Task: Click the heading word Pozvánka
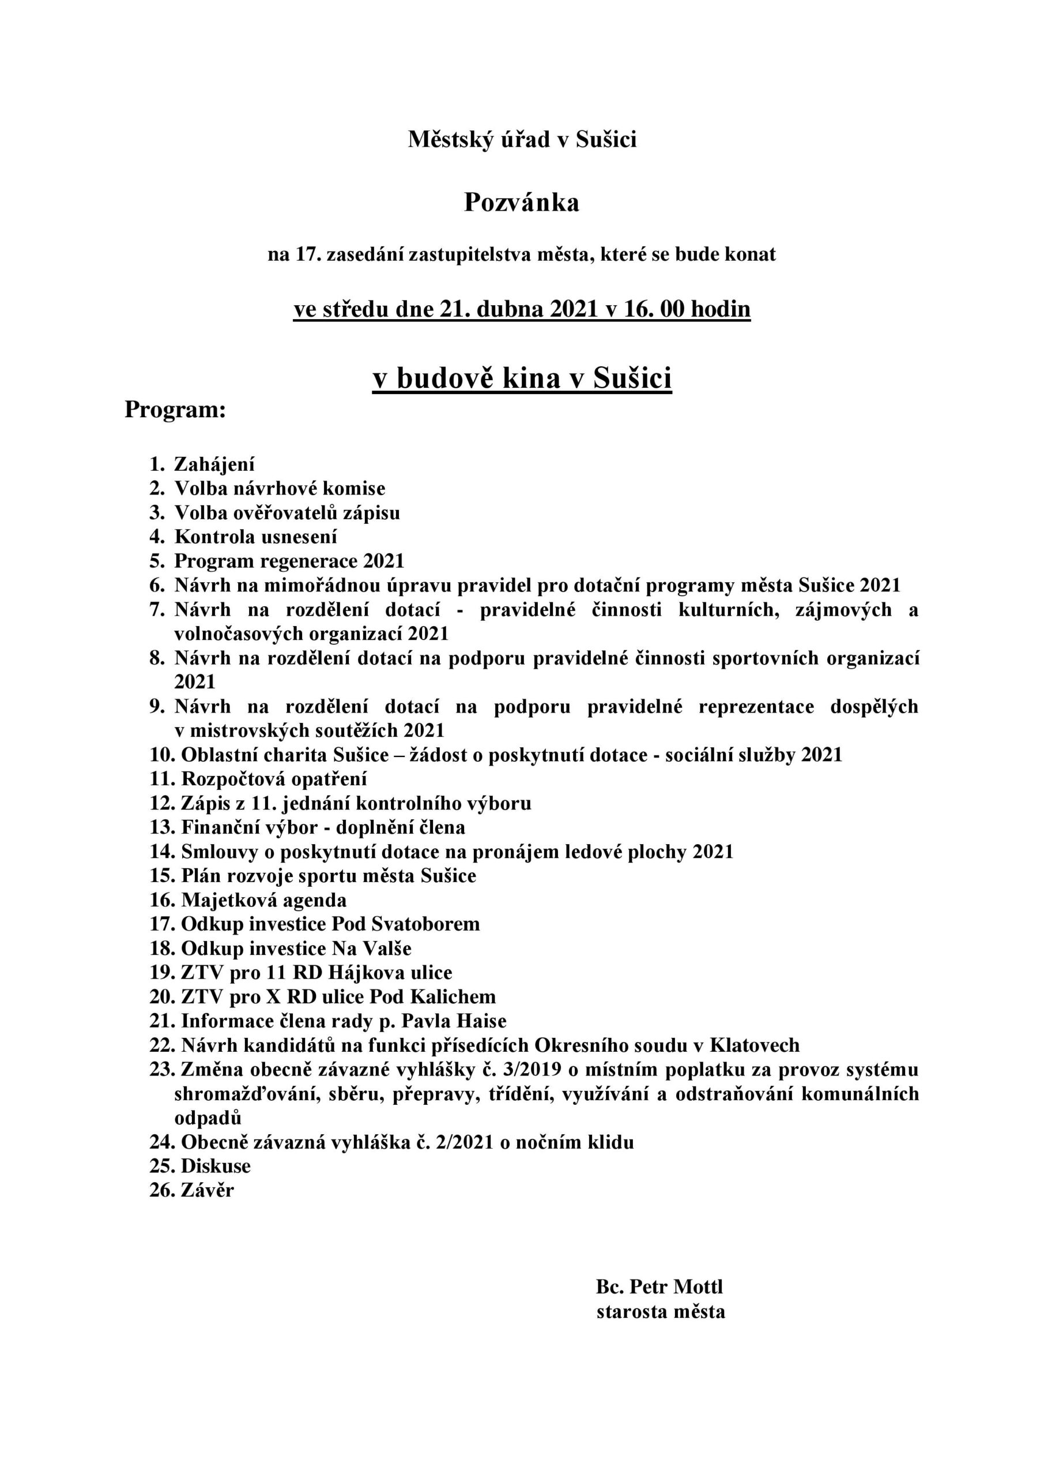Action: pyautogui.click(x=521, y=203)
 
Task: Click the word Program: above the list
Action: pyautogui.click(x=175, y=410)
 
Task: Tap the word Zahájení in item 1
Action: pyautogui.click(x=214, y=464)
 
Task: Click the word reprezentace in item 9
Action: pyautogui.click(x=756, y=707)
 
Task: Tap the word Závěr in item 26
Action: pyautogui.click(x=208, y=1191)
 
